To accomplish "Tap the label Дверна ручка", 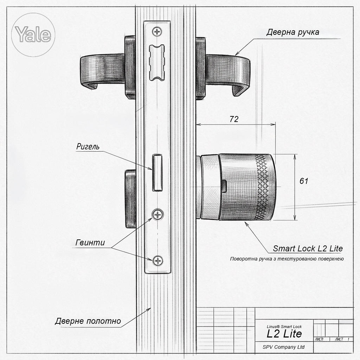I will pos(292,33).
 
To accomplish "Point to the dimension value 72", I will pos(234,119).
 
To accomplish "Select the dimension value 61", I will pos(304,181).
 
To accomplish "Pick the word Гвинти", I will pos(90,243).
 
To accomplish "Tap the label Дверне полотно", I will pos(88,321).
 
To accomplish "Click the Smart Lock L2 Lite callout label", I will pos(308,249).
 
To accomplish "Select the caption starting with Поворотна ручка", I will pos(287,259).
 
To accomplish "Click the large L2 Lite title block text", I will pos(284,333).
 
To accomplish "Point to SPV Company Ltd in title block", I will pos(283,347).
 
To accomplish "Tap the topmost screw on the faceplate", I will pos(157,32).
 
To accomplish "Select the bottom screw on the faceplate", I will pos(158,261).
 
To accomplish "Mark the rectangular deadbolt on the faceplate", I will pos(157,173).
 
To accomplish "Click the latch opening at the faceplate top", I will pos(157,62).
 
